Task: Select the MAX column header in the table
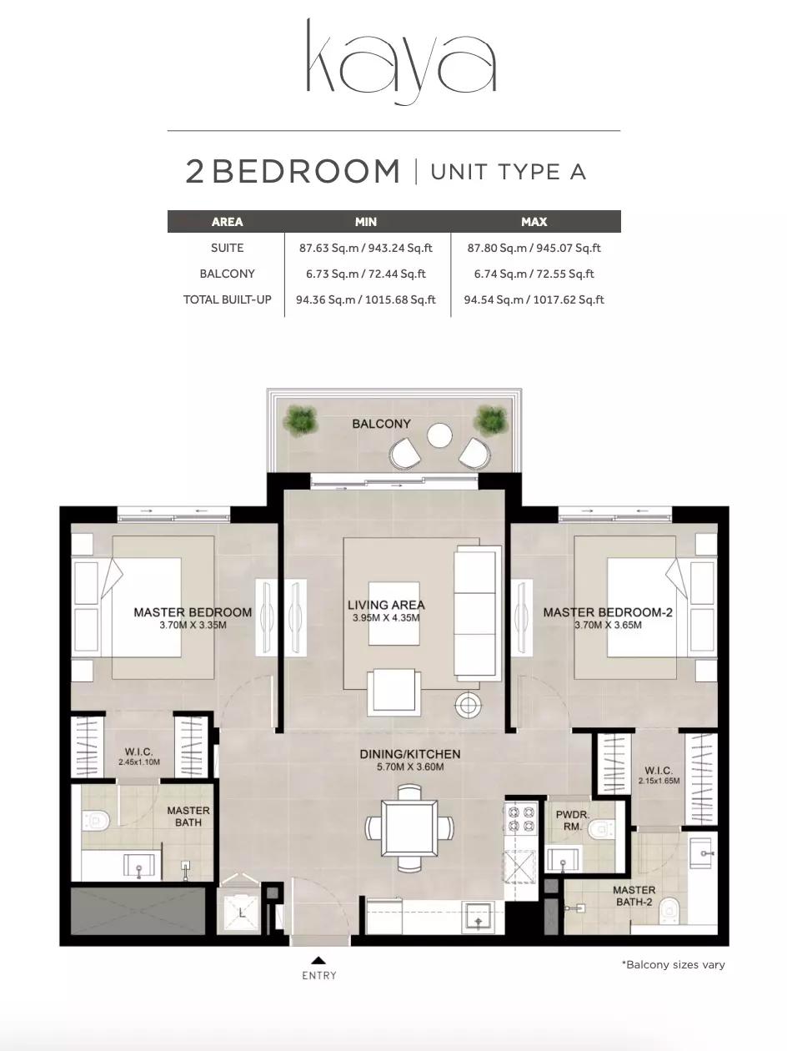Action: (534, 222)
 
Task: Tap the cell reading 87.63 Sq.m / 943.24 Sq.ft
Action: (366, 248)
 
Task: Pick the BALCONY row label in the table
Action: (227, 274)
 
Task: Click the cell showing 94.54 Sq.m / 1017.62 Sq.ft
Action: (534, 299)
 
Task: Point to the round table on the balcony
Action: (439, 436)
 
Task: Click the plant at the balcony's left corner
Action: (300, 419)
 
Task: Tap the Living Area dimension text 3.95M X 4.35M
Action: (386, 618)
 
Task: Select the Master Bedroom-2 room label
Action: (608, 612)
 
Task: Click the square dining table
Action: (409, 828)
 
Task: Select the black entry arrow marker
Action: (319, 960)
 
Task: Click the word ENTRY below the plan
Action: (319, 975)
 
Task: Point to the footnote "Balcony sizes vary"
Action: (674, 965)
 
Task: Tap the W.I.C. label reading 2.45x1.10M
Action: (139, 762)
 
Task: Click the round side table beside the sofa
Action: (469, 704)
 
